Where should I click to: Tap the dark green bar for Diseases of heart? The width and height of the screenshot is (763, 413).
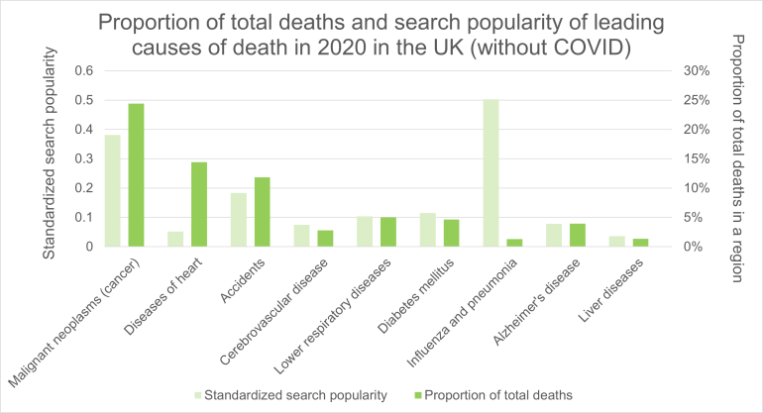(x=199, y=204)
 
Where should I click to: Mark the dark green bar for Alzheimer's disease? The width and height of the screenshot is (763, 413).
(x=577, y=235)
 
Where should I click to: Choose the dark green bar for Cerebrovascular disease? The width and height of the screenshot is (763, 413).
(x=325, y=238)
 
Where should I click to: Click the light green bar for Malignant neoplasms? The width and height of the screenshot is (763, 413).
(x=113, y=190)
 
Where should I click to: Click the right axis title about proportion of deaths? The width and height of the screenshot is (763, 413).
(x=734, y=158)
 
